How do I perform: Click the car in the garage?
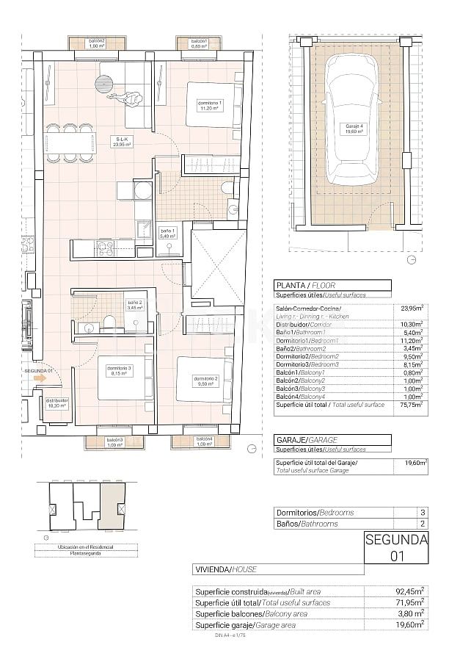[x=354, y=125]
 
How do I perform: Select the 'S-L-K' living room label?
[x=120, y=142]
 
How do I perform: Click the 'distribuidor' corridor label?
[x=57, y=402]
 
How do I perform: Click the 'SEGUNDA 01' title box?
[x=396, y=548]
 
